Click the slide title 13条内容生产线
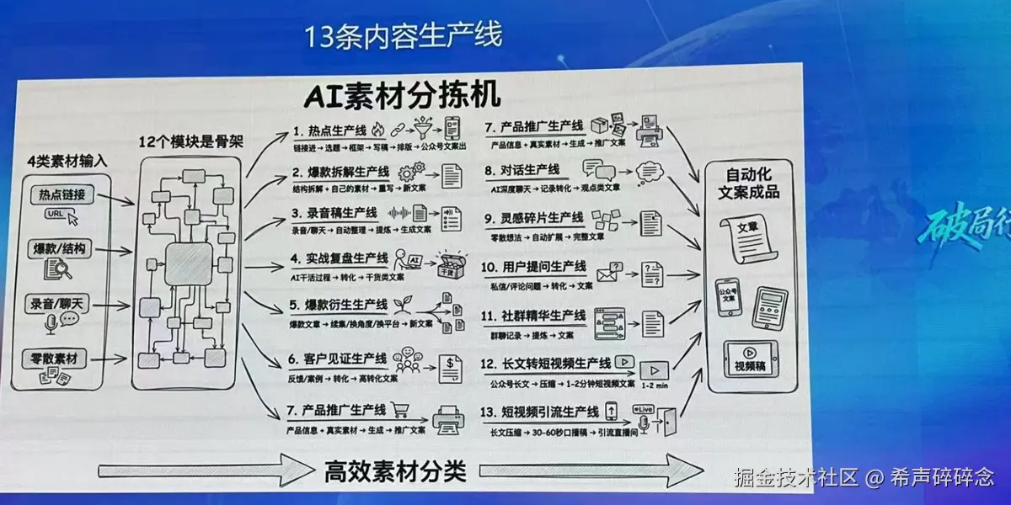point(404,35)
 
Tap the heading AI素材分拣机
point(403,93)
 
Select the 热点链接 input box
point(62,194)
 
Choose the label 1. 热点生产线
point(330,131)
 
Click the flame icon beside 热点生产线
point(377,130)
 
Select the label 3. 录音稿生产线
point(335,213)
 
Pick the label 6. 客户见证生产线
point(340,359)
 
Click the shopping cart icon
point(400,410)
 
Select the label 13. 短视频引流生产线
point(540,412)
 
